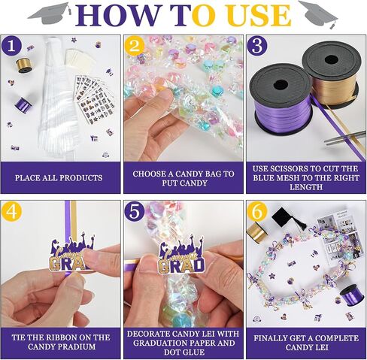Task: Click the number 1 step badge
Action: coord(11,46)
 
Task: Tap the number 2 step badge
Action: coord(135,46)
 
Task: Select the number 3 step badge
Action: coord(257,46)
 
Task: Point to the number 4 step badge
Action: coord(11,211)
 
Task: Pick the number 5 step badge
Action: coord(135,211)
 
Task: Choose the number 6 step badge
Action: coord(257,211)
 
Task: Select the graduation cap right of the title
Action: coord(318,14)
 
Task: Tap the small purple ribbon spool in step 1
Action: coord(23,104)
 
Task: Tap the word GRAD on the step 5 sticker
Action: coord(181,266)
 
